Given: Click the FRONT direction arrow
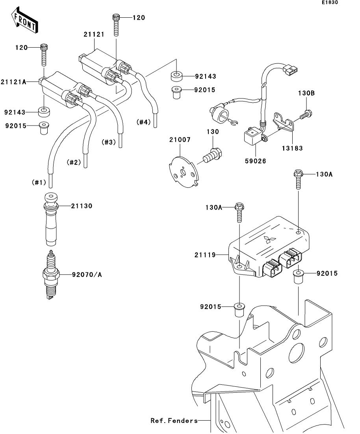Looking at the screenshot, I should pyautogui.click(x=24, y=22).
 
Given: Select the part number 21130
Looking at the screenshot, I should pyautogui.click(x=82, y=206).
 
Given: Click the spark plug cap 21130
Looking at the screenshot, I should pyautogui.click(x=51, y=220).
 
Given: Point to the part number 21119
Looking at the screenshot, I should pyautogui.click(x=215, y=255).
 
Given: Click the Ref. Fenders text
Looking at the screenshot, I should pyautogui.click(x=174, y=421).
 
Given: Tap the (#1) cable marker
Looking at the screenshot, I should pyautogui.click(x=39, y=183).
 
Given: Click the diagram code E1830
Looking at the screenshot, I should pyautogui.click(x=329, y=3).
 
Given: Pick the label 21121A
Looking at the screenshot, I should pyautogui.click(x=13, y=82).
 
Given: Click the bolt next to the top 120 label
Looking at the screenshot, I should pyautogui.click(x=116, y=24).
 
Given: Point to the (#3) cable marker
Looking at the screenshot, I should pyautogui.click(x=109, y=142).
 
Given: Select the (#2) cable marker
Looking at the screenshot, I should pyautogui.click(x=73, y=162).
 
